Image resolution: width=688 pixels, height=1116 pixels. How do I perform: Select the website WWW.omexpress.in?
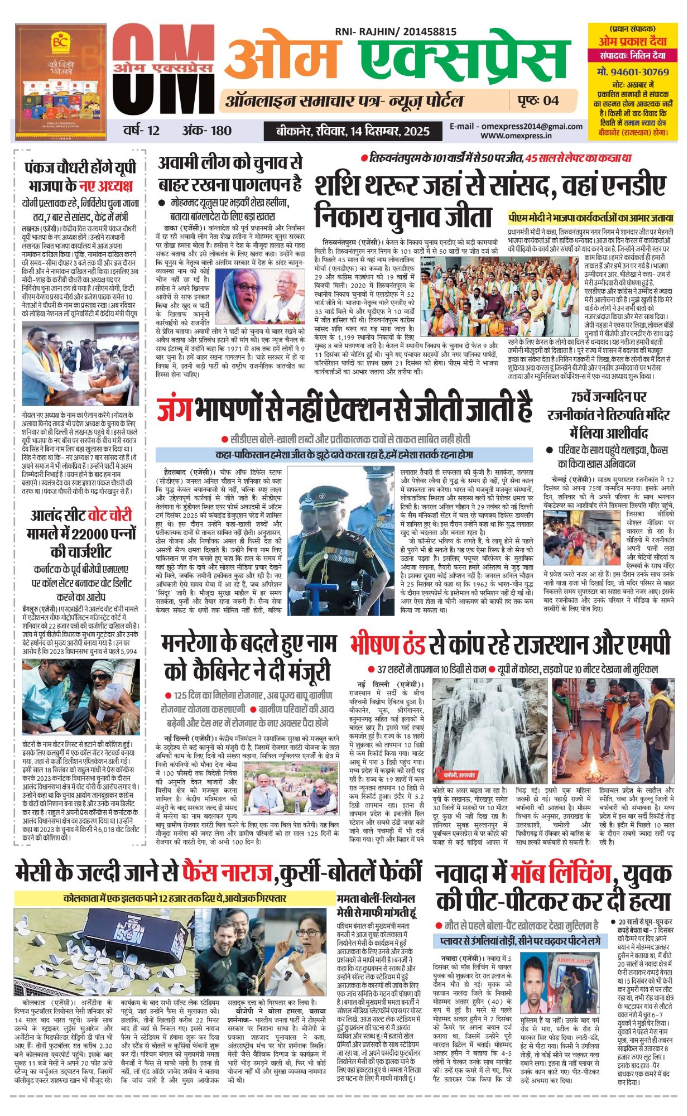516,135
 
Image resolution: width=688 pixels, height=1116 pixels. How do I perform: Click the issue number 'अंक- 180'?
206,131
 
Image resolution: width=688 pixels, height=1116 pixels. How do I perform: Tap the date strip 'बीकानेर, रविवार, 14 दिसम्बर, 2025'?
353,131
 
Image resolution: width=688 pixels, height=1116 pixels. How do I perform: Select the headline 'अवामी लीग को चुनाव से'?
230,163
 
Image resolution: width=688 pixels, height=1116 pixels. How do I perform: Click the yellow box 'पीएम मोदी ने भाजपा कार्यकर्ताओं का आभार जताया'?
590,218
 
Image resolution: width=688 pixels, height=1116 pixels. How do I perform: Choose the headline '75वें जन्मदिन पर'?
608,397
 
